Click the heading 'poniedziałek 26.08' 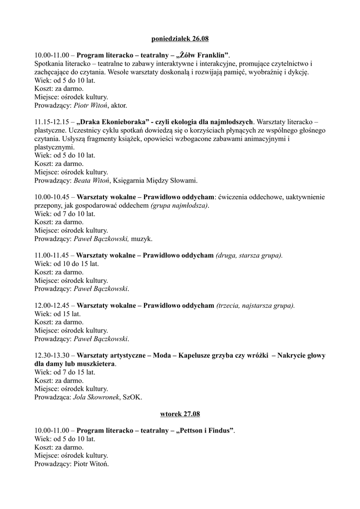point(180,38)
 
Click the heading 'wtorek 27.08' point(180,414)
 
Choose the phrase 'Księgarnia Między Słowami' point(156,180)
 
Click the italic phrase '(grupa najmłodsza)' point(180,206)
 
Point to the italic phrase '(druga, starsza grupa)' point(249,255)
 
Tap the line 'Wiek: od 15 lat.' point(58,314)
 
